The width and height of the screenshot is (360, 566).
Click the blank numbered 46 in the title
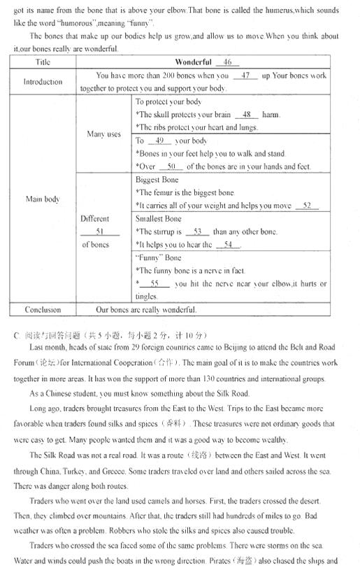[227, 62]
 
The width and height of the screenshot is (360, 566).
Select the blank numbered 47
[245, 76]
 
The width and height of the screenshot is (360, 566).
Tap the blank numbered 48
[246, 115]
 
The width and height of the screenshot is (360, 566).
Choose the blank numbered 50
[171, 167]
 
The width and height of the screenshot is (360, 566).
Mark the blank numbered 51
[99, 232]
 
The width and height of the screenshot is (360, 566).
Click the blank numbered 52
[307, 206]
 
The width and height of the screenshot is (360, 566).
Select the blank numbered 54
[228, 245]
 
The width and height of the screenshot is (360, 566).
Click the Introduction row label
[43, 82]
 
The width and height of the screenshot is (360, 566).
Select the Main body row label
[43, 199]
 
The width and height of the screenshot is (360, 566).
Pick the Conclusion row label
[43, 309]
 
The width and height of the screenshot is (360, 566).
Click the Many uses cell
[103, 134]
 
